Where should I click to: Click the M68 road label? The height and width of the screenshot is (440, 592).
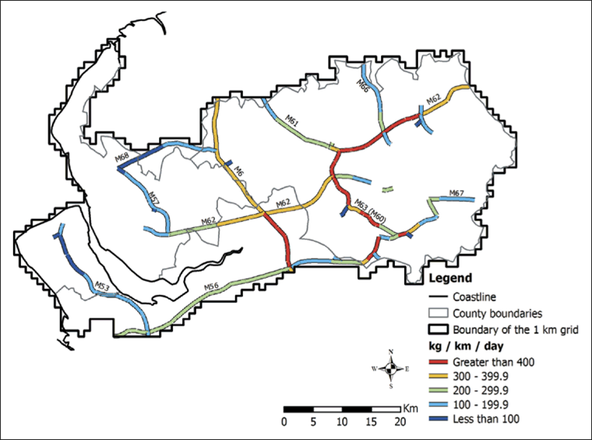click(122, 158)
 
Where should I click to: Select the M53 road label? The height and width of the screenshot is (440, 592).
click(102, 287)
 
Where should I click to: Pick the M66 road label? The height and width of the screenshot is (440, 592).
click(362, 86)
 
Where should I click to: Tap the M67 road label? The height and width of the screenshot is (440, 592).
click(456, 193)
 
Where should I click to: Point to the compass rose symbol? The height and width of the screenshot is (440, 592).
click(394, 368)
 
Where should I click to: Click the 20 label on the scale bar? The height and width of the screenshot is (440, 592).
click(399, 421)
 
